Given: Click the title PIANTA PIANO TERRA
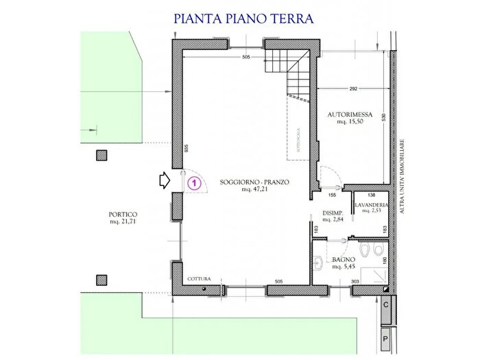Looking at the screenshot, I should pos(243,19).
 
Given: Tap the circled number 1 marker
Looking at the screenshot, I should pos(194,182).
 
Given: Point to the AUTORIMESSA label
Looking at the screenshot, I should pos(350,117).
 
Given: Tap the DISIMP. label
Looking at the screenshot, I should pos(333,217).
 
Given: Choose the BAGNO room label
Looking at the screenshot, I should pos(343,263).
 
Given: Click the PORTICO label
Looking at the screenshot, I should pos(123,217).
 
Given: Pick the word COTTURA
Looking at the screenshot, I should pos(200,279).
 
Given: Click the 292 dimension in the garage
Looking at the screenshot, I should pos(354,89).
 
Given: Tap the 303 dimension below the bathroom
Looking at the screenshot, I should pos(355,281).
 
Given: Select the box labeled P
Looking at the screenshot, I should pos(386,338).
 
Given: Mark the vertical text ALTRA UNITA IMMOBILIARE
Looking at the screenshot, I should pos(404,176).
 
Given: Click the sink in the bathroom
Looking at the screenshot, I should pos(318,261).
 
